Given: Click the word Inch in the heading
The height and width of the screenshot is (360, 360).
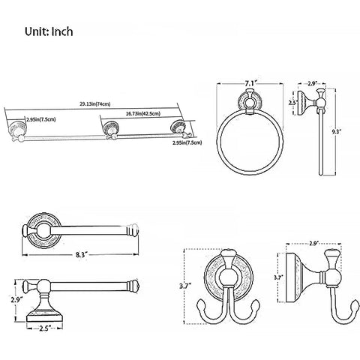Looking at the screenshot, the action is pos(62,32).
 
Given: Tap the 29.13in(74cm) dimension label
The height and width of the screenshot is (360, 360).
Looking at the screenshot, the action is pos(95,104).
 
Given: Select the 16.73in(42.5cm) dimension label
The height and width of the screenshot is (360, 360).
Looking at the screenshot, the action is pos(143,114).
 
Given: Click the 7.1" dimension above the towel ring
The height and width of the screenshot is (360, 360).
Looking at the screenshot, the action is pos(250,83).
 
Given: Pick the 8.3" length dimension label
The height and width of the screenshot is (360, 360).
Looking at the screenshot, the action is pos(82,255).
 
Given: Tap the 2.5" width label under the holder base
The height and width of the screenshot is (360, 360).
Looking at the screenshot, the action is pos(45,328).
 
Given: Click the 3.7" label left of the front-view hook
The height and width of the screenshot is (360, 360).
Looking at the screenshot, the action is pos(185,286).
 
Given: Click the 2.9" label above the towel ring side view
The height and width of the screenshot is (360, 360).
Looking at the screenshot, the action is pos(313,84).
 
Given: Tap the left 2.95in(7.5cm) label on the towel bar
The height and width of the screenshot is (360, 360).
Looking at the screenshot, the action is pos(41,119).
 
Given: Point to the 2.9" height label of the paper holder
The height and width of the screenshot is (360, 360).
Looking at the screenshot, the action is pos(16,300).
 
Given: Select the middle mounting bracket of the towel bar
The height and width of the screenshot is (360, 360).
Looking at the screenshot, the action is pos(112,130).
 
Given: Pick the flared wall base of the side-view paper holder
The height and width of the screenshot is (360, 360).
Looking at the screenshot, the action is pos(44,310).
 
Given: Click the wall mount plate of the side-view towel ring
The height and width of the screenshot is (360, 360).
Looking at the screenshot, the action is pos(304,103).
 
